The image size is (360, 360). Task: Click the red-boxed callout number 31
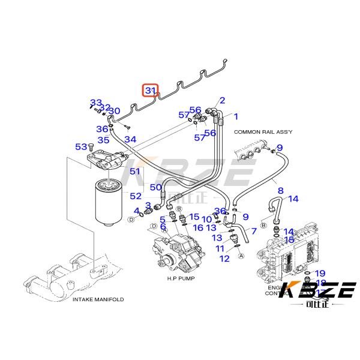tap(150, 91)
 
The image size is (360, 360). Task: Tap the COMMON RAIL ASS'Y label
tap(262, 131)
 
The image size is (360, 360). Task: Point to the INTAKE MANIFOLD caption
tap(97, 299)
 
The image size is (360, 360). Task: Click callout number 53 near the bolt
tap(81, 146)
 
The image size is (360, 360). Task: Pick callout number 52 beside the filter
tap(136, 196)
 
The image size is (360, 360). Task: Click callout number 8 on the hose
tap(280, 191)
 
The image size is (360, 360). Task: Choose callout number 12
tap(224, 259)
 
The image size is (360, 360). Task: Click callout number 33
tap(96, 103)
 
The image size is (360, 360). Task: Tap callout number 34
tap(130, 139)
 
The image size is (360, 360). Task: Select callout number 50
tap(156, 187)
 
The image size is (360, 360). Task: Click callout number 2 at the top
tap(222, 100)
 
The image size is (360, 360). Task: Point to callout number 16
tap(198, 228)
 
